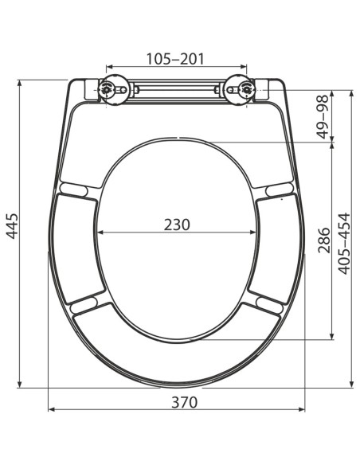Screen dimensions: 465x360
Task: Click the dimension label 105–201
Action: [x=177, y=58]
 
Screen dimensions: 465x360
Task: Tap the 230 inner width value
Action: [x=177, y=224]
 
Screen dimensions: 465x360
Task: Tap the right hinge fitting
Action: [x=238, y=90]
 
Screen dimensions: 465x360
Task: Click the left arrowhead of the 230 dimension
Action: [x=100, y=233]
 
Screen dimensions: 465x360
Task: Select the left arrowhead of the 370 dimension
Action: [x=52, y=410]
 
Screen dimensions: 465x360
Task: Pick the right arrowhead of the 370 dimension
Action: [x=303, y=410]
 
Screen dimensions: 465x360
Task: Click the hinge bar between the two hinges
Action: [x=177, y=90]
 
